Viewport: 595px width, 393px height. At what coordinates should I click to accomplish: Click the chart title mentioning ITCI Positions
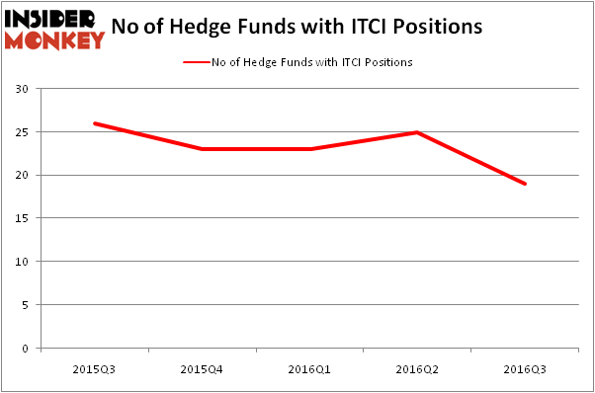tap(297, 27)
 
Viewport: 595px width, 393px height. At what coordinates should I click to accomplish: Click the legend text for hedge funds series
tap(312, 62)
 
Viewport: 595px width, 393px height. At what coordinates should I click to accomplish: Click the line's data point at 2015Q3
tap(95, 123)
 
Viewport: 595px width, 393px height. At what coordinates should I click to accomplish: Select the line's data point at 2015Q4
tap(203, 149)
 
